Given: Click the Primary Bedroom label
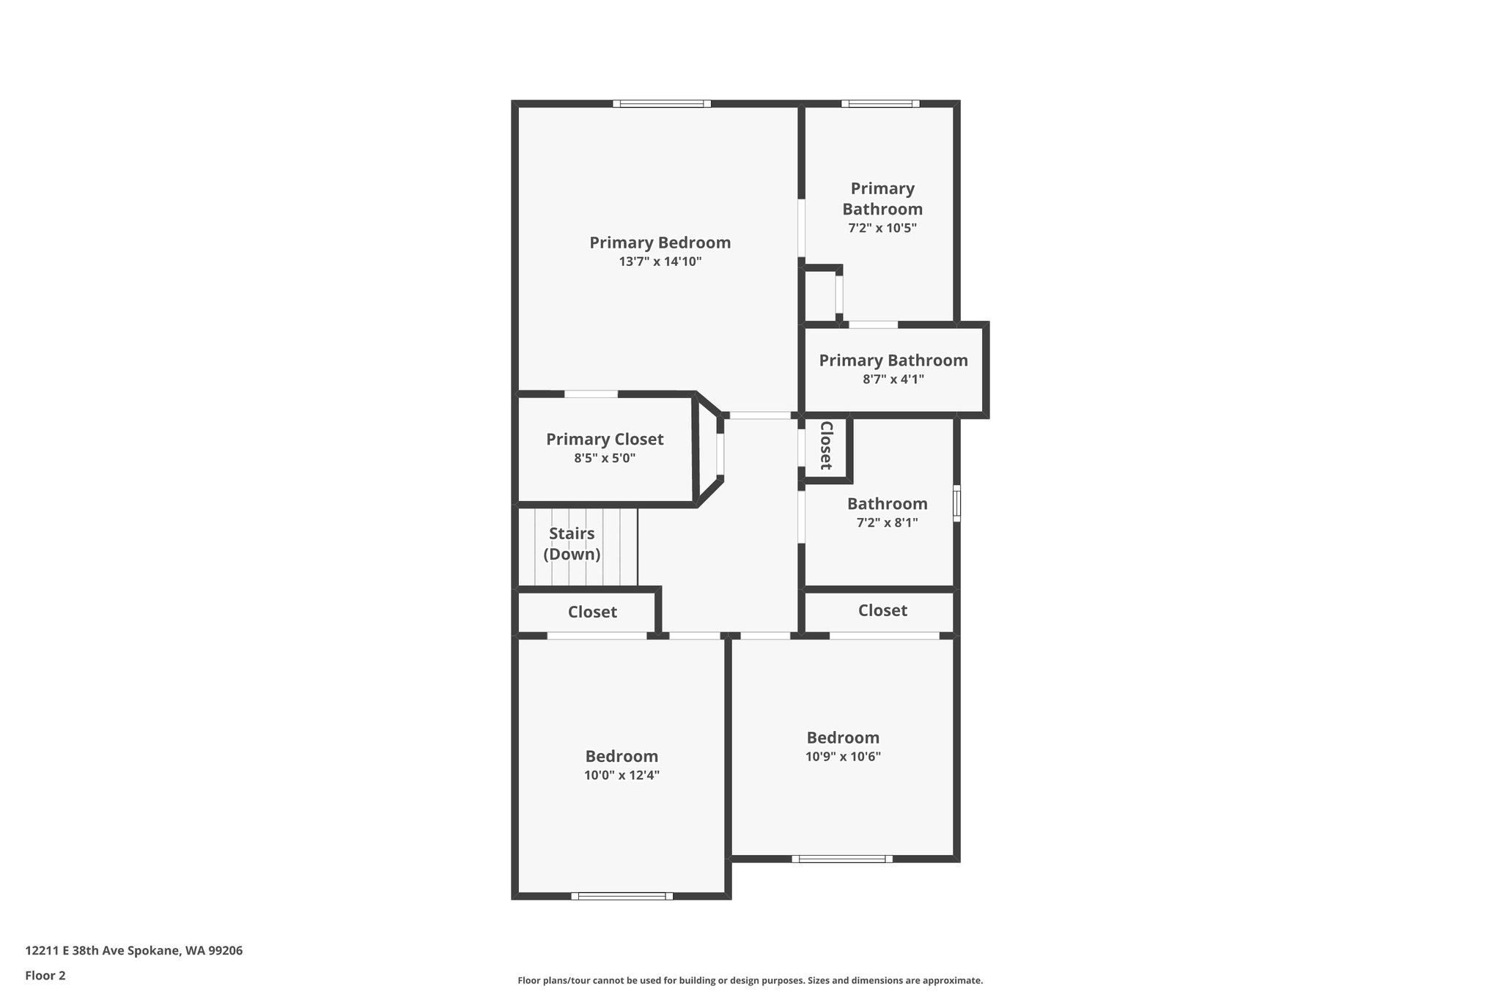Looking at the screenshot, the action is pos(660,242).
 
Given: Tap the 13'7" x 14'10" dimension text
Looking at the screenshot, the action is pos(660,262).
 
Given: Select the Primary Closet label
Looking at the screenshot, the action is pos(605,440).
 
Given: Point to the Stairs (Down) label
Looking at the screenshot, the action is pos(572,544).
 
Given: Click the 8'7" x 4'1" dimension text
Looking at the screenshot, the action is pos(893,379).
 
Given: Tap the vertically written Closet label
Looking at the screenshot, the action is pos(826,445).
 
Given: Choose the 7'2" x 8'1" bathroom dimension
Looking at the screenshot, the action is pos(888,523).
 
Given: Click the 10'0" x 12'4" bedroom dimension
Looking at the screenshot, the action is pos(622,775).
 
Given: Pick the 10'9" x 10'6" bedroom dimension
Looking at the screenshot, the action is pos(843,757).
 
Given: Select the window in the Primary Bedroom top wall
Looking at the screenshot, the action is pos(662,104).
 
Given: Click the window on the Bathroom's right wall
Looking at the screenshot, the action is pos(956,503).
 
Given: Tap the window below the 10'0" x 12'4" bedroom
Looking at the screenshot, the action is pos(622,895).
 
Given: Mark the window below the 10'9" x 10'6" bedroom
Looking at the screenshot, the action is pos(842,859).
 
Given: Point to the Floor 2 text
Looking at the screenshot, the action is pos(45,976).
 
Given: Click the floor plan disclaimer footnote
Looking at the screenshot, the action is pos(750,980).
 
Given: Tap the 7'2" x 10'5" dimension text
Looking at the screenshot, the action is pos(882,228).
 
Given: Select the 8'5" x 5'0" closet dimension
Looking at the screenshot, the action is pos(605,459).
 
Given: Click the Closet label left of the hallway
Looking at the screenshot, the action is pos(592,612).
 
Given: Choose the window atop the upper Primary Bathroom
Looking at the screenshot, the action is pos(880,104).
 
